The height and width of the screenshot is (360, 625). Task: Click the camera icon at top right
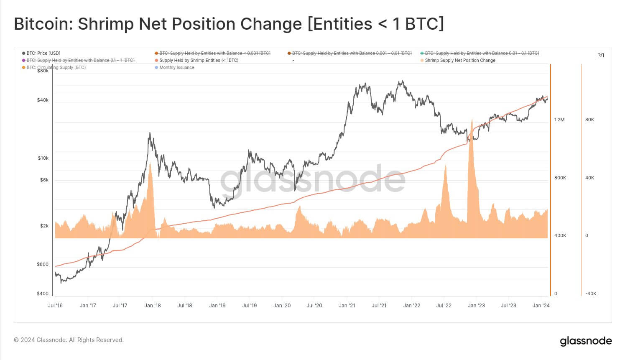point(600,55)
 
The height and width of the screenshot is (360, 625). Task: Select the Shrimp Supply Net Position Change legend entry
point(460,61)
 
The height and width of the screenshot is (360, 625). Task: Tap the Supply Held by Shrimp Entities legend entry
point(199,61)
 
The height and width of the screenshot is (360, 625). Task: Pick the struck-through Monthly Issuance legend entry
point(176,68)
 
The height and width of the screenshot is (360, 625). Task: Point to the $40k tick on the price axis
point(43,100)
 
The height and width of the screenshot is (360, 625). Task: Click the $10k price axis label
point(43,158)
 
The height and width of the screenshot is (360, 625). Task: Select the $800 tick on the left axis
point(43,265)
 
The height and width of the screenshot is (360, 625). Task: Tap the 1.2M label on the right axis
point(559,120)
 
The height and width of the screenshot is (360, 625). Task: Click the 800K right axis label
point(560,178)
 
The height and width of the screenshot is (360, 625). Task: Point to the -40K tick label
point(590,294)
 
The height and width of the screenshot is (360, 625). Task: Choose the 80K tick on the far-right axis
point(589,120)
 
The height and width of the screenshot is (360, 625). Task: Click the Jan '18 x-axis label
point(153,306)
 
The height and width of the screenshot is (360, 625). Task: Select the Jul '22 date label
point(444,306)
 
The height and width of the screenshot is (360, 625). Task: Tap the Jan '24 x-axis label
point(541,306)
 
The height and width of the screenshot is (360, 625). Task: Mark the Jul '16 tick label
point(55,306)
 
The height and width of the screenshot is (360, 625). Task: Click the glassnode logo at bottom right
point(586,341)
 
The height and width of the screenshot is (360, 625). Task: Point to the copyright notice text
point(69,340)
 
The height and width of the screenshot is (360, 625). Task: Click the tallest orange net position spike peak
point(472,120)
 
